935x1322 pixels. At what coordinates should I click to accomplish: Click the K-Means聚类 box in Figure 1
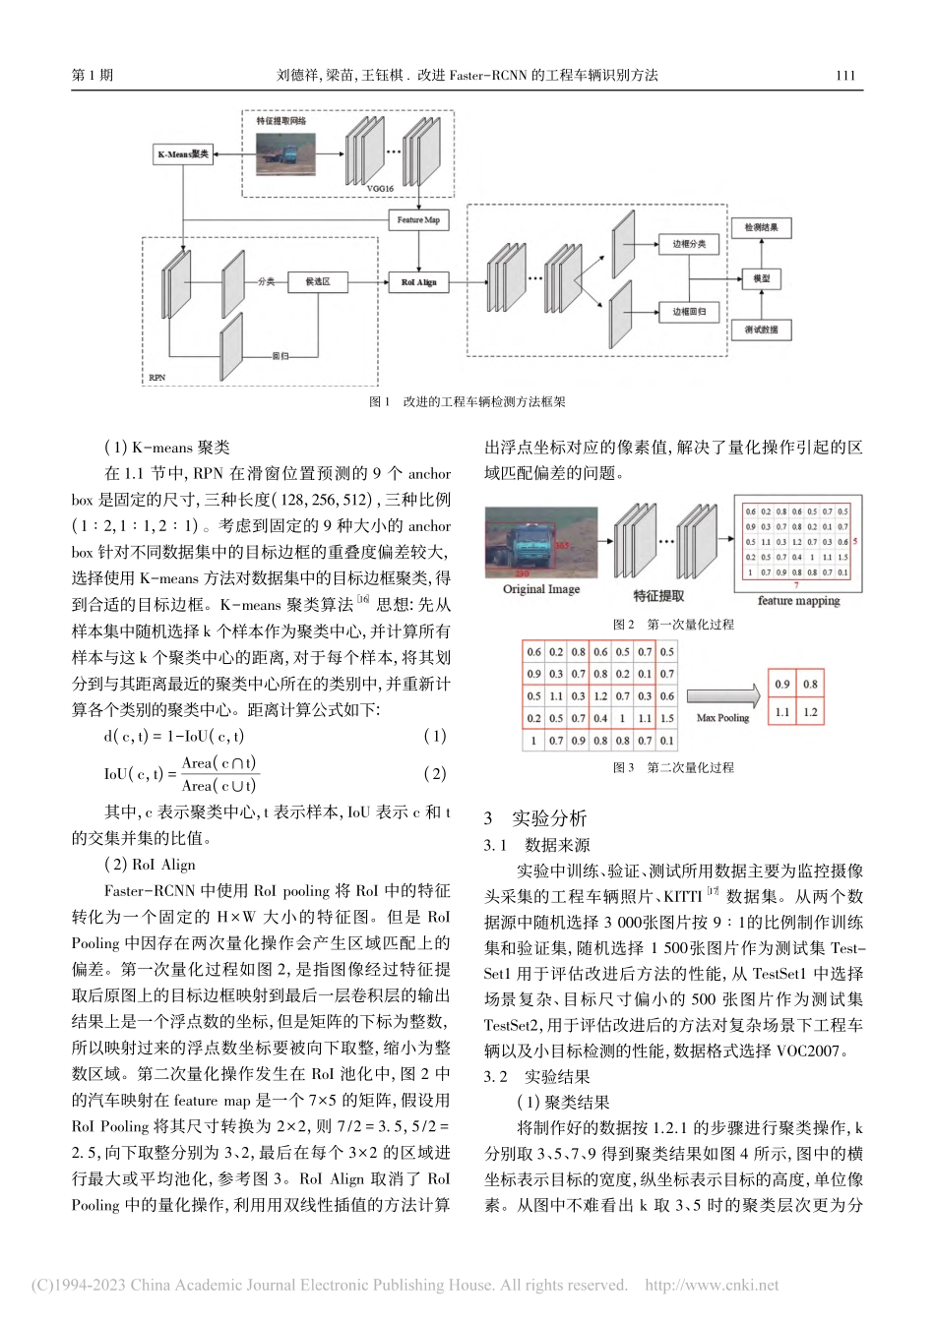pyautogui.click(x=184, y=154)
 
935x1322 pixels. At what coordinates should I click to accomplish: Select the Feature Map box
pyautogui.click(x=418, y=220)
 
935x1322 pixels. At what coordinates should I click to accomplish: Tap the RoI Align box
pyautogui.click(x=418, y=282)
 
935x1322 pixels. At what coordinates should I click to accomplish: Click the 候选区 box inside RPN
pyautogui.click(x=317, y=282)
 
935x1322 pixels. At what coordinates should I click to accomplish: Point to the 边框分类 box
pyautogui.click(x=689, y=242)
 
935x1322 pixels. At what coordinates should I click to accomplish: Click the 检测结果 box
pyautogui.click(x=762, y=227)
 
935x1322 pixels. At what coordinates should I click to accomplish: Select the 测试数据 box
pyautogui.click(x=762, y=330)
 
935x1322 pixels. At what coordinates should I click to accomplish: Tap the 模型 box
pyautogui.click(x=762, y=278)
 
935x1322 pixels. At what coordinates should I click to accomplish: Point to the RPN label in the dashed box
pyautogui.click(x=157, y=377)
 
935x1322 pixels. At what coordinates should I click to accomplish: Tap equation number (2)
pyautogui.click(x=434, y=774)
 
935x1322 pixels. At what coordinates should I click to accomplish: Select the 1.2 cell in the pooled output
pyautogui.click(x=810, y=712)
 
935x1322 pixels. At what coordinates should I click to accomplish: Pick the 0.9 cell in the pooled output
pyautogui.click(x=782, y=685)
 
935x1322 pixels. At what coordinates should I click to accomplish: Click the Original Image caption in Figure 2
pyautogui.click(x=541, y=589)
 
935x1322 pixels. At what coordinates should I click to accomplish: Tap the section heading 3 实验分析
pyautogui.click(x=536, y=818)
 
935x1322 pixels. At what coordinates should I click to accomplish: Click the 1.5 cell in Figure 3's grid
pyautogui.click(x=667, y=719)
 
